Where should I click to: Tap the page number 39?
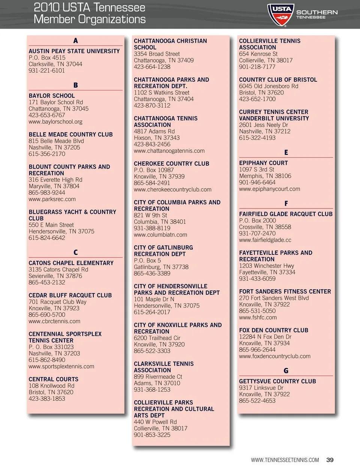[x=330, y=460]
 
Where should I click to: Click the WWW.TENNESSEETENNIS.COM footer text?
[x=285, y=460]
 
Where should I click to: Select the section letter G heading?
[x=286, y=371]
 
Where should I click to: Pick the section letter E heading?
[x=286, y=153]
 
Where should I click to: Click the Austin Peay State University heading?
[x=74, y=51]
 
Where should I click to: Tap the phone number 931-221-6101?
[x=47, y=70]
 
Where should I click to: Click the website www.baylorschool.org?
[x=55, y=122]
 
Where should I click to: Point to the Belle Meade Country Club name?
[x=71, y=135]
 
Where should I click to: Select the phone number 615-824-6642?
[x=47, y=238]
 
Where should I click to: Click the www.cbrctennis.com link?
[x=54, y=321]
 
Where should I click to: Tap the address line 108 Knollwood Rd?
[x=52, y=386]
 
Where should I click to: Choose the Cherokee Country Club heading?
[x=171, y=164]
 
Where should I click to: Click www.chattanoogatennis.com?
[x=169, y=151]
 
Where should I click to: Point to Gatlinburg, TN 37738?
[x=161, y=267]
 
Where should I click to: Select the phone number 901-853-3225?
[x=152, y=435]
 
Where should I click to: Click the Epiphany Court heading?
[x=263, y=163]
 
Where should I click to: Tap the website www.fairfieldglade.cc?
[x=265, y=240]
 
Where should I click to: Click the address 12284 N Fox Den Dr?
[x=265, y=337]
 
